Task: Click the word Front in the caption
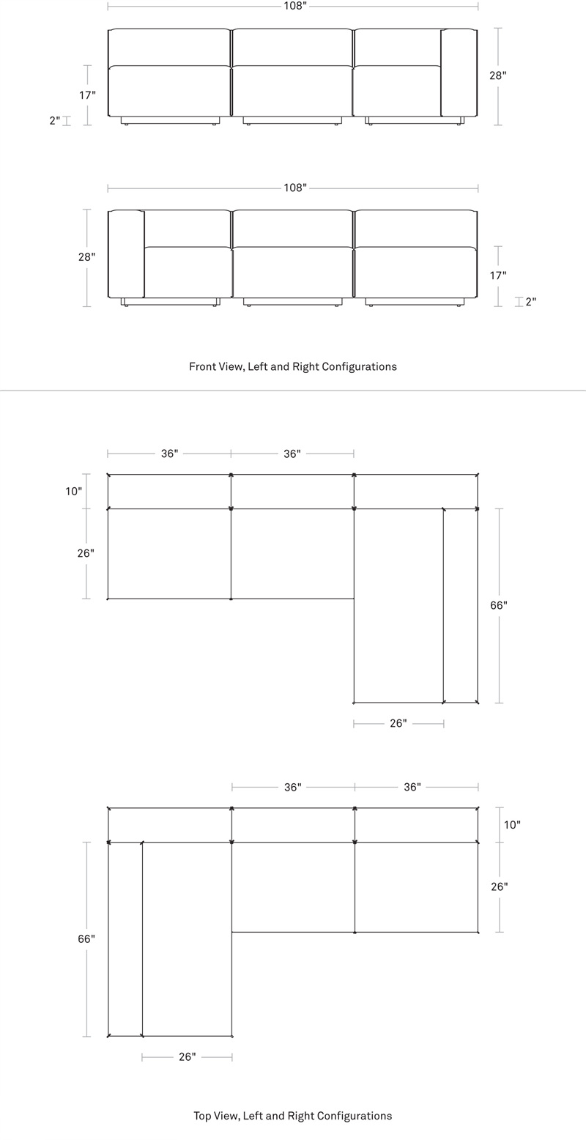(201, 366)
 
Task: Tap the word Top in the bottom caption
(202, 1116)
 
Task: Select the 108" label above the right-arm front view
(295, 6)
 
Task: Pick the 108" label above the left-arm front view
(295, 188)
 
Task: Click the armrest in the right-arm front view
(459, 73)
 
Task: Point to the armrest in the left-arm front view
(126, 254)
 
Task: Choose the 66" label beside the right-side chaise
(499, 606)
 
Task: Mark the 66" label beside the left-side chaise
(86, 939)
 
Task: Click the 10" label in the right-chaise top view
(73, 491)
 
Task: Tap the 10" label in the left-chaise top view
(512, 825)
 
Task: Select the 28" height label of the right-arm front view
(498, 75)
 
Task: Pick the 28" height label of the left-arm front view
(86, 257)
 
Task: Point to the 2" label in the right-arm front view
(55, 121)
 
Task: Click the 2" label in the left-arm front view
(530, 302)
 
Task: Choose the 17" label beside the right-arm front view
(87, 95)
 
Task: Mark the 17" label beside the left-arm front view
(498, 275)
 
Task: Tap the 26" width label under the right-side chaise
(398, 723)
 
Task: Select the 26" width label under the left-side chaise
(188, 1057)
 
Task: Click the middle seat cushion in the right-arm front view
(292, 91)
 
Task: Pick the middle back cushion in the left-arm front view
(292, 229)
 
